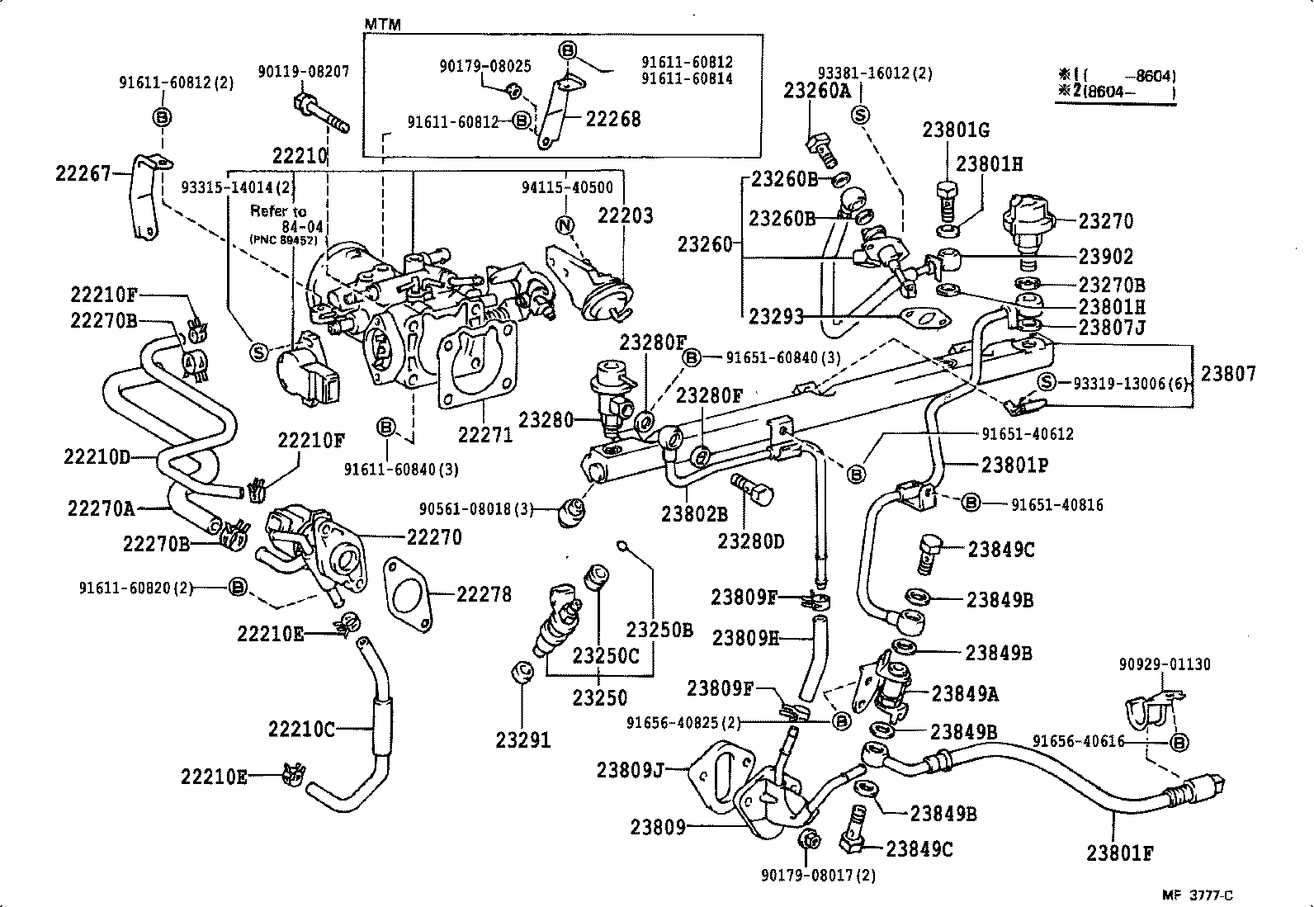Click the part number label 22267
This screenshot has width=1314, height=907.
(83, 174)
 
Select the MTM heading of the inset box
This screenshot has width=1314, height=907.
(382, 25)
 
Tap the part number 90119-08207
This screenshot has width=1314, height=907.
(303, 72)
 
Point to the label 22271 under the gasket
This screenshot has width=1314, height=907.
(485, 434)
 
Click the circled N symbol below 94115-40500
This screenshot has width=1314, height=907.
(565, 224)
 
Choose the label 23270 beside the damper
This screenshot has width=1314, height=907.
(1106, 221)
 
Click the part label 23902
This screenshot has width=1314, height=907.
(1106, 257)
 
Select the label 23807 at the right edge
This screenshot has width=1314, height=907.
(1228, 374)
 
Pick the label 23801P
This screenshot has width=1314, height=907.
(1014, 465)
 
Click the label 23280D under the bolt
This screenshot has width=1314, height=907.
(750, 541)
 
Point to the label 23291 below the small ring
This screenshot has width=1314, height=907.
(522, 740)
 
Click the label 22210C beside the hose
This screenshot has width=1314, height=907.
(301, 729)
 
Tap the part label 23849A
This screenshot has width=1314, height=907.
(965, 694)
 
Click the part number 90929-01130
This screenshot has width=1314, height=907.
(1165, 664)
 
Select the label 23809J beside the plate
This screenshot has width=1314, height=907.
(630, 771)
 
